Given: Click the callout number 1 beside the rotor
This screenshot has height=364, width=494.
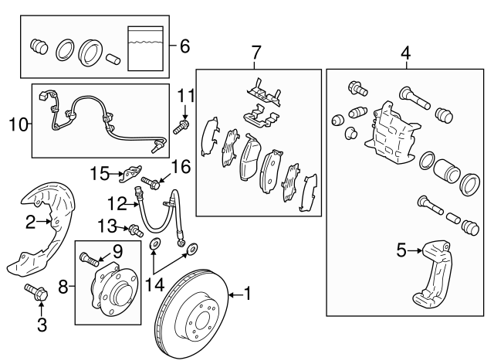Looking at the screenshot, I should [x=248, y=293].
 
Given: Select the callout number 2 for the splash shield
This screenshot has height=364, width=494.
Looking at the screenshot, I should [x=30, y=223].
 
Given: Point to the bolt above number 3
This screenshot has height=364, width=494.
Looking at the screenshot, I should [x=36, y=293].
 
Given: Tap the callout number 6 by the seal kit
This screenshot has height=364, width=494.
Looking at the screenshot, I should [x=184, y=46].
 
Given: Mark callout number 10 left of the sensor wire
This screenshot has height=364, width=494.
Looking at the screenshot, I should [x=19, y=121].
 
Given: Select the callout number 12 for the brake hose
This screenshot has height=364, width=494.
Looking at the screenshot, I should [x=117, y=205].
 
